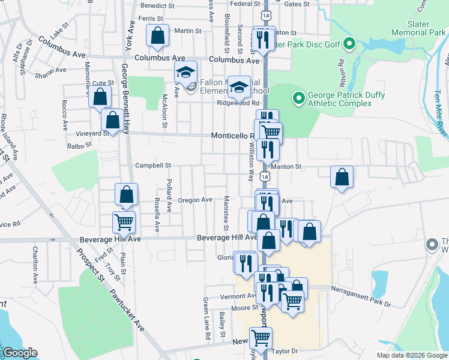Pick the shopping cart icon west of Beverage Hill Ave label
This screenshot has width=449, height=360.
[124, 221]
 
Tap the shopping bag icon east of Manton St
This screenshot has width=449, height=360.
[342, 176]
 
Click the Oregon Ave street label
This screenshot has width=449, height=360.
[195, 200]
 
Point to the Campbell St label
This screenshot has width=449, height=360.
[153, 166]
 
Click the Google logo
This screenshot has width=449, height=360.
[19, 353]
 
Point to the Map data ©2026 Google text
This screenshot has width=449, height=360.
[411, 355]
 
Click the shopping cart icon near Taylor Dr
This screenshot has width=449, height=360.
[261, 337]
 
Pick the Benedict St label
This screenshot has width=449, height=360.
[157, 5]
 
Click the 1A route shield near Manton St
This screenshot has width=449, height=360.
[264, 176]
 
